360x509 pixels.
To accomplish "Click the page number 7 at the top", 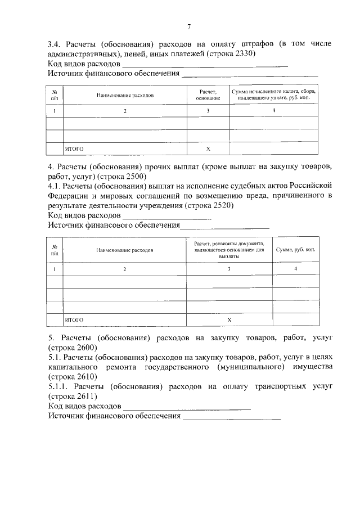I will click(189, 26).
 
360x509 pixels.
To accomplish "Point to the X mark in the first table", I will click(208, 149).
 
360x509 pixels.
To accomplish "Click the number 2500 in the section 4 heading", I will click(134, 177).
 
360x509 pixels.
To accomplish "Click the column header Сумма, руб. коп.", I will click(295, 250).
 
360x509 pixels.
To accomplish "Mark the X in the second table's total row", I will click(229, 319).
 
